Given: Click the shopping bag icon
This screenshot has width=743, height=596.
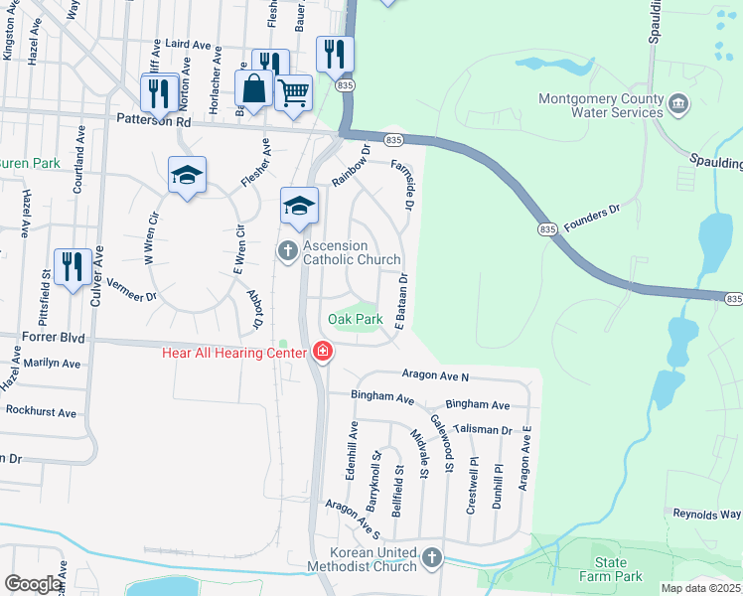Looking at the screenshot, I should pos(255,87).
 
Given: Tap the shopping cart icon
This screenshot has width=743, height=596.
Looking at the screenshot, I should pos(293,92).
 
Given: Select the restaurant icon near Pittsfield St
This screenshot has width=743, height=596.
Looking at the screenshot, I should pos(73,266).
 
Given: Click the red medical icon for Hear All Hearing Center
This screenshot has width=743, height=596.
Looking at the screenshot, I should pos(322,351).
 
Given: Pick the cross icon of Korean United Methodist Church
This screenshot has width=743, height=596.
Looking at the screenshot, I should pos(431,558).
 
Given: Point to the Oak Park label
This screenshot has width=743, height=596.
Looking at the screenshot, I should pos(356,320).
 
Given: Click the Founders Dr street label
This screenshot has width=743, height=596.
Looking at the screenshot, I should pos(592,220).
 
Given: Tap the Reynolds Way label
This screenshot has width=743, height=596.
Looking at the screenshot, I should pos(707,515).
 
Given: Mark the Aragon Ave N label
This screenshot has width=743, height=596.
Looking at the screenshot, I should pos(435,375).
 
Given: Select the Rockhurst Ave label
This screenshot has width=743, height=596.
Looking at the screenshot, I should pos(41,412).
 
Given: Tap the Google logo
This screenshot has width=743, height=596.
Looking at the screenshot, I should pos(33,584).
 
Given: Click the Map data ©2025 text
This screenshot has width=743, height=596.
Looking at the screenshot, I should pos(699,588).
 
